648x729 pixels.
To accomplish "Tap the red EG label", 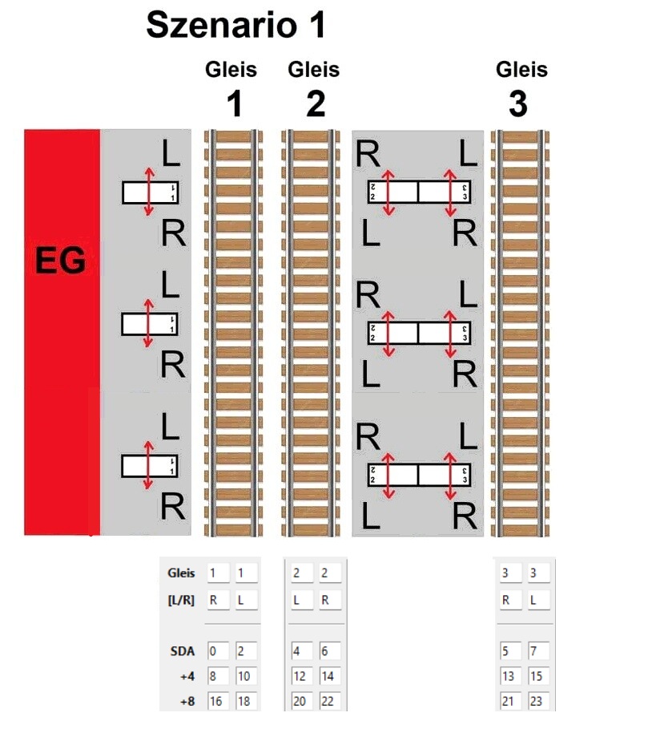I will (61, 261).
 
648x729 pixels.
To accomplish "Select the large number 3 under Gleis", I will (519, 104).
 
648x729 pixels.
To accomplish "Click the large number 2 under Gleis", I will (315, 104).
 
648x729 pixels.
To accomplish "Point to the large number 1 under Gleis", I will (231, 104).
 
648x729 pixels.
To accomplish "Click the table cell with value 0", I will (218, 650).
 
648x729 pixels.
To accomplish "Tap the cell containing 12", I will (302, 676).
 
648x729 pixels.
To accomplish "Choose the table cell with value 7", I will (538, 650).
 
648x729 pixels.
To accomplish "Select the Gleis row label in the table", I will (181, 573).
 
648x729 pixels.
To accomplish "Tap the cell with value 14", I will (328, 676).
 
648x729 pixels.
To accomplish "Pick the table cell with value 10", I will (245, 676).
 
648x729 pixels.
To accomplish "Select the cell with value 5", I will (510, 650).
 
